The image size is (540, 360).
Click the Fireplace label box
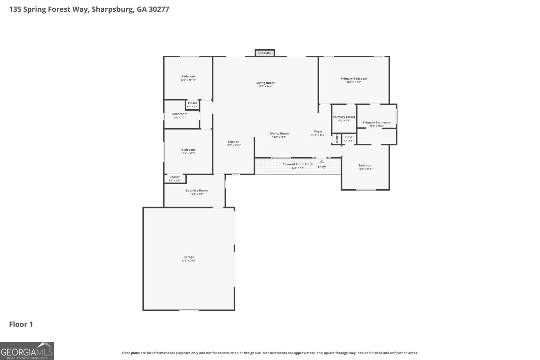click(265, 53)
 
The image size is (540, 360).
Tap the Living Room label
click(265, 83)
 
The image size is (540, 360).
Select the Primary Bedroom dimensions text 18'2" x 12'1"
click(354, 82)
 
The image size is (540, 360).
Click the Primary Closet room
click(344, 118)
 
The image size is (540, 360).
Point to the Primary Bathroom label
click(376, 122)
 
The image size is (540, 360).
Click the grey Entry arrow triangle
click(322, 162)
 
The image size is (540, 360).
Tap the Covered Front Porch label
click(298, 164)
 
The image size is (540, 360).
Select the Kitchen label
click(233, 142)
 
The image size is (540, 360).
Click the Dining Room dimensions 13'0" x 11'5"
click(279, 137)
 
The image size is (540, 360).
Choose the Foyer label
click(318, 131)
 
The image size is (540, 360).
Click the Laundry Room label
click(196, 190)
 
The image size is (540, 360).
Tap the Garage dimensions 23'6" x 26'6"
click(189, 261)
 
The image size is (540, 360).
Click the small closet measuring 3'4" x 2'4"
click(192, 105)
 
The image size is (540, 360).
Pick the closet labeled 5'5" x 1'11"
click(175, 178)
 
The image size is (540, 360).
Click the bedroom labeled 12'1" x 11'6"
click(365, 167)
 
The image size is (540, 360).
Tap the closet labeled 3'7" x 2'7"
click(349, 139)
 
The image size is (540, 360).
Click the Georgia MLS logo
click(27, 351)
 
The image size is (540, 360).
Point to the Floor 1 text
click(21, 325)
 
